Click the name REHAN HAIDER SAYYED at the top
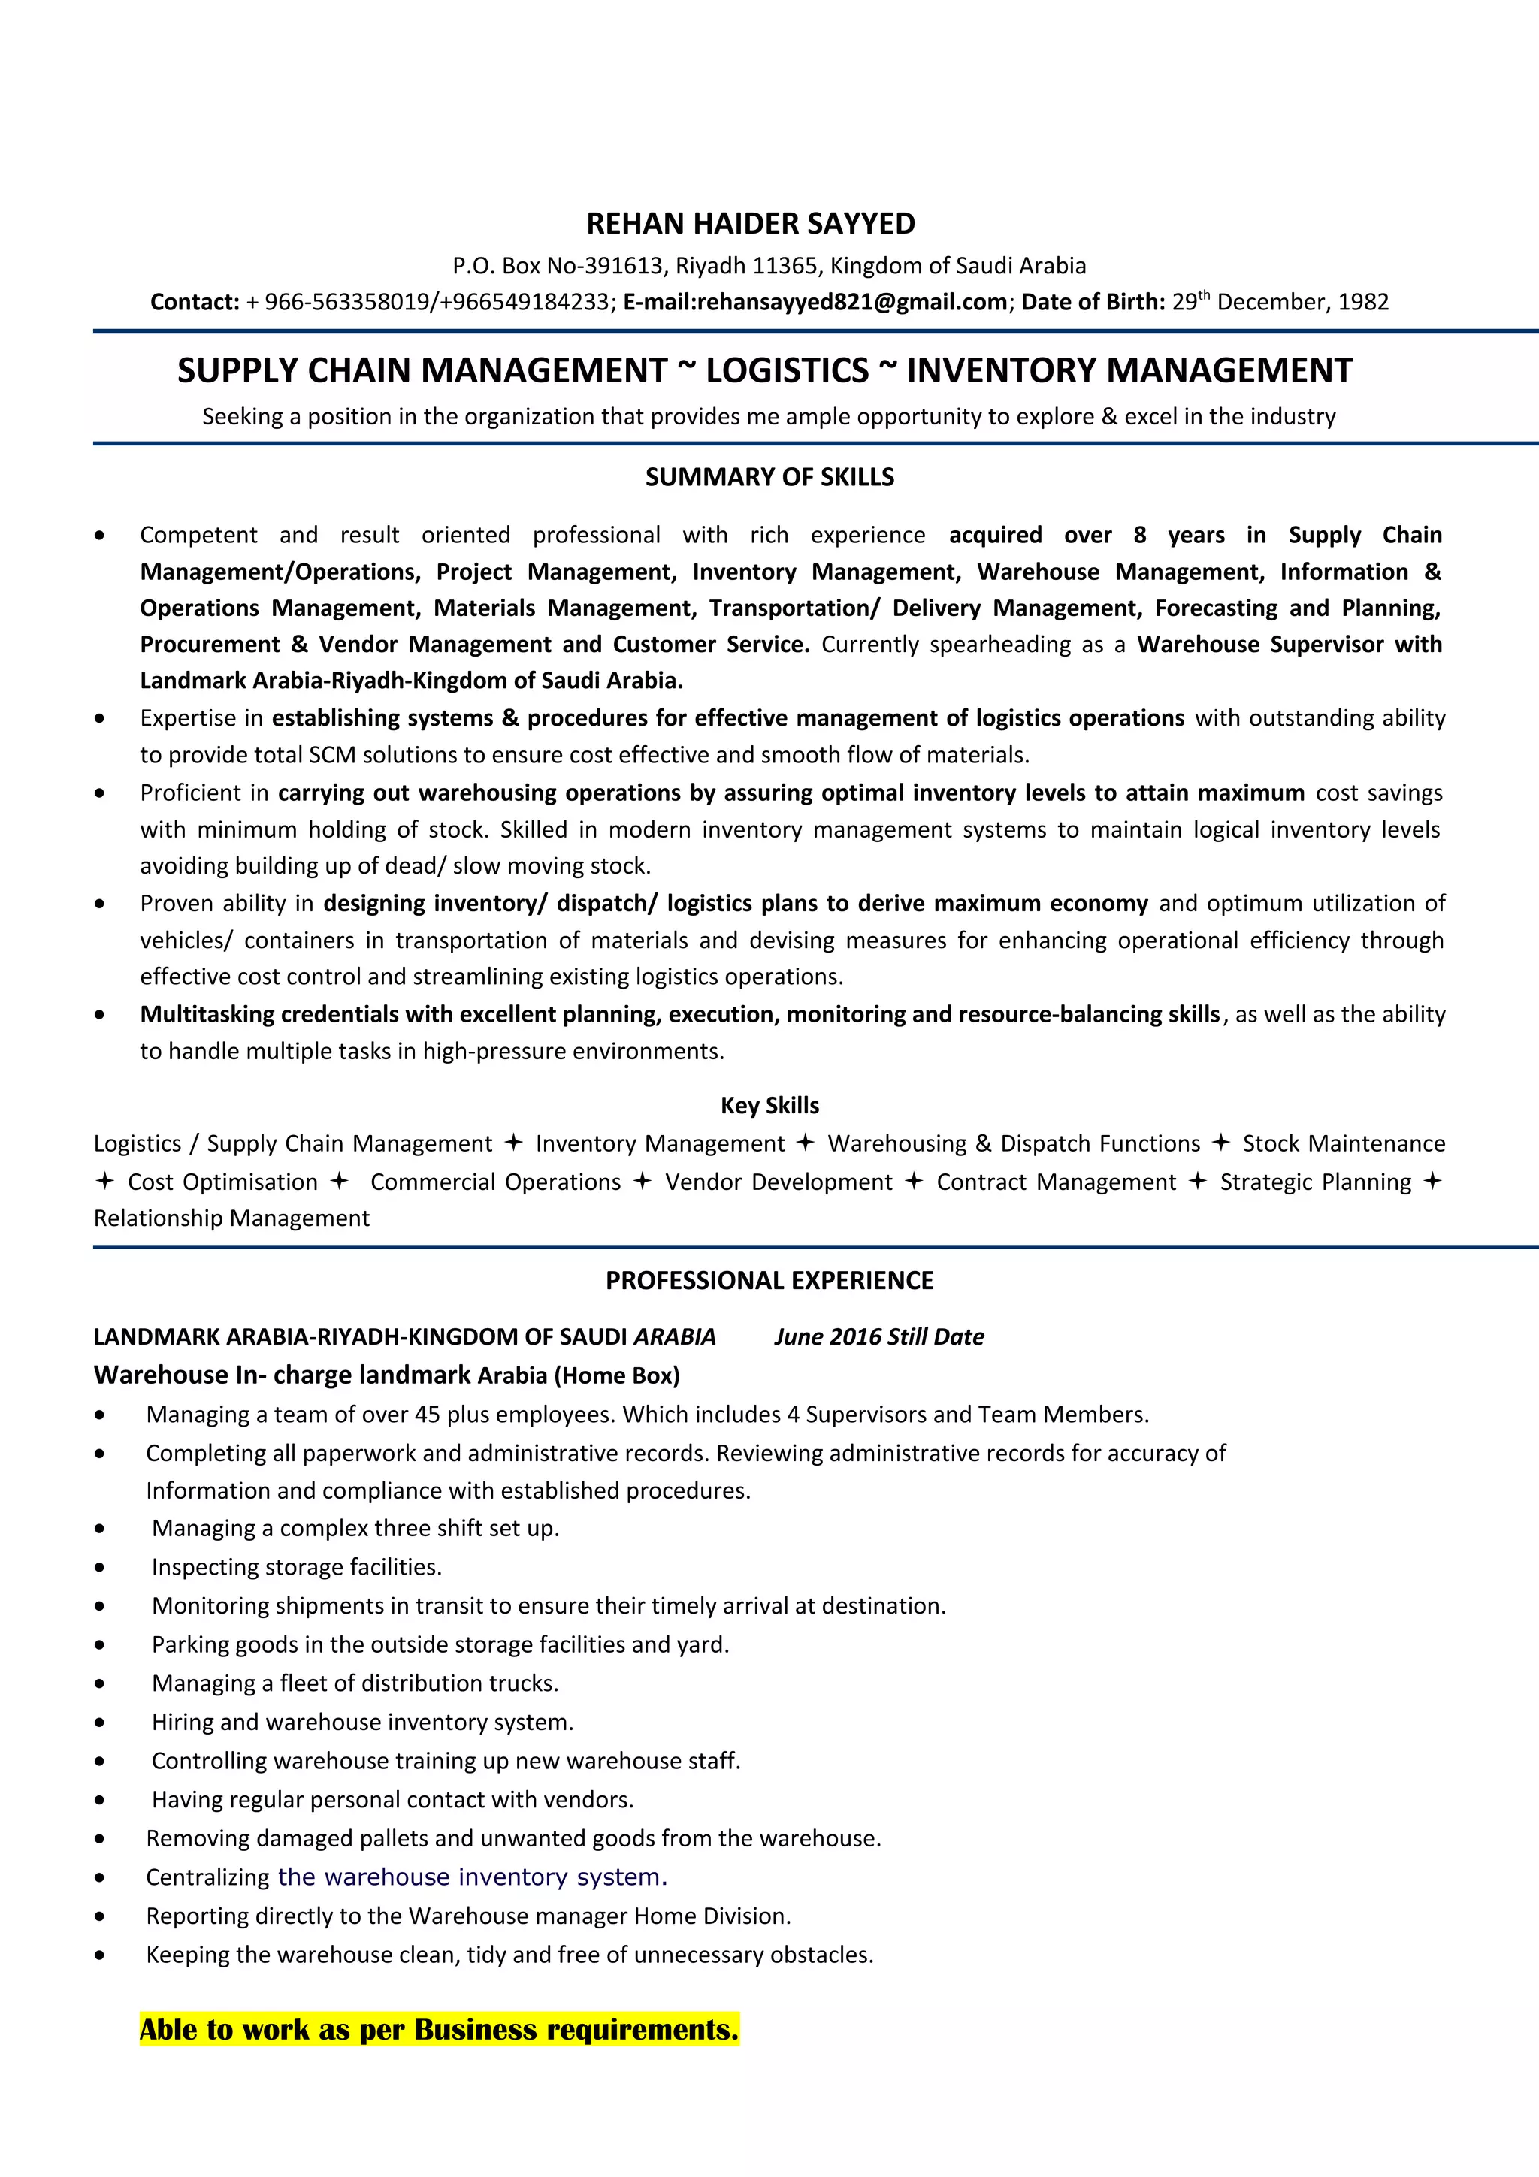[x=750, y=224]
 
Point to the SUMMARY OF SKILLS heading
[x=769, y=477]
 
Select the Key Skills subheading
[x=769, y=1106]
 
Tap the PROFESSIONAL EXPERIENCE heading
[x=769, y=1281]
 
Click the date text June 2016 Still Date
[x=879, y=1337]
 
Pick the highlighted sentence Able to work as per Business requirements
[x=439, y=2030]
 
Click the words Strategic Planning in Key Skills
[x=1315, y=1182]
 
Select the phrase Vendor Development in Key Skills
[x=779, y=1182]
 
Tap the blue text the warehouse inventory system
[x=472, y=1877]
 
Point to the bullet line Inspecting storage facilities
[x=297, y=1567]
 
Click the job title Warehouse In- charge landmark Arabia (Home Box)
[x=386, y=1375]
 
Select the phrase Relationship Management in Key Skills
[x=231, y=1218]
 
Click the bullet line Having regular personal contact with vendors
[x=392, y=1800]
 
